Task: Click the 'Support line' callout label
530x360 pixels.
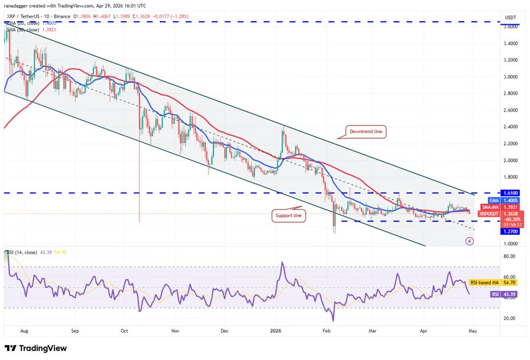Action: [x=289, y=216]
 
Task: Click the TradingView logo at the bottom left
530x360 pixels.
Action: [x=35, y=348]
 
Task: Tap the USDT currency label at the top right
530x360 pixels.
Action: [x=510, y=17]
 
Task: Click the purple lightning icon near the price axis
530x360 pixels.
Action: [x=469, y=241]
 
